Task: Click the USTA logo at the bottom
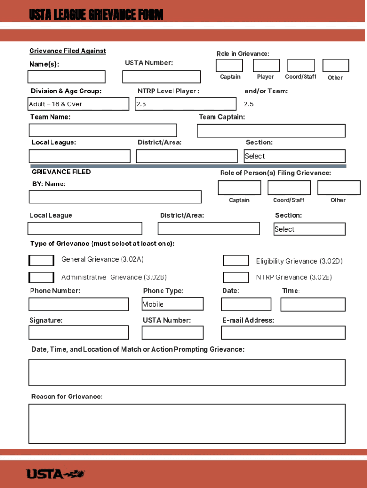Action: (55, 474)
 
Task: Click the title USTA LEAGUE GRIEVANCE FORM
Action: (96, 15)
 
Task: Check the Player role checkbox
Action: (266, 65)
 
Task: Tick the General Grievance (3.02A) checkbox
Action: (41, 261)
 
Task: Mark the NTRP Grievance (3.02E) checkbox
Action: (236, 277)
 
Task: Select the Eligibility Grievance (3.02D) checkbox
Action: (236, 261)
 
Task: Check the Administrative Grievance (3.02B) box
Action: (41, 277)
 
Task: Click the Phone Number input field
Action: (79, 305)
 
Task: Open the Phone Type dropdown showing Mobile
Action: (173, 304)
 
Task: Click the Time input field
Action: (313, 305)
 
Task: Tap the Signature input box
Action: (79, 333)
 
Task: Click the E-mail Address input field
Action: (283, 333)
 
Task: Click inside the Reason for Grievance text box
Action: (187, 424)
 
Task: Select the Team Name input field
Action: (102, 131)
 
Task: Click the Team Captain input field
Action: (271, 131)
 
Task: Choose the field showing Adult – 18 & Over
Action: (79, 104)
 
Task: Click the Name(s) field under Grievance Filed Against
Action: (66, 77)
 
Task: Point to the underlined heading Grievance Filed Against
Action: (68, 51)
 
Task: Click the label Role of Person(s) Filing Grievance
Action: (275, 173)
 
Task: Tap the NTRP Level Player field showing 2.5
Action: (185, 104)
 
